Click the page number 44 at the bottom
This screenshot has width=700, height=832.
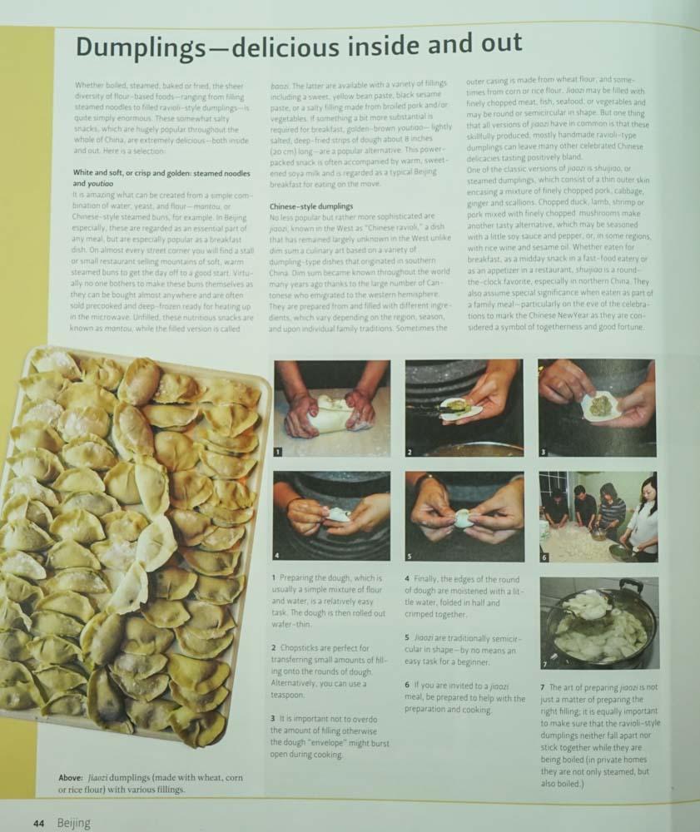pyautogui.click(x=39, y=823)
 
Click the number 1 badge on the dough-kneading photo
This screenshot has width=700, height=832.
pyautogui.click(x=280, y=451)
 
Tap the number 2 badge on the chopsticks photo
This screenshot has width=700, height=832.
pyautogui.click(x=410, y=451)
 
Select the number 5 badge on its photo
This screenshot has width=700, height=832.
pyautogui.click(x=410, y=556)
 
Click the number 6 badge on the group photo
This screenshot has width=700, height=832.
pyautogui.click(x=544, y=556)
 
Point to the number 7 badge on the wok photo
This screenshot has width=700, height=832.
pyautogui.click(x=545, y=663)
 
